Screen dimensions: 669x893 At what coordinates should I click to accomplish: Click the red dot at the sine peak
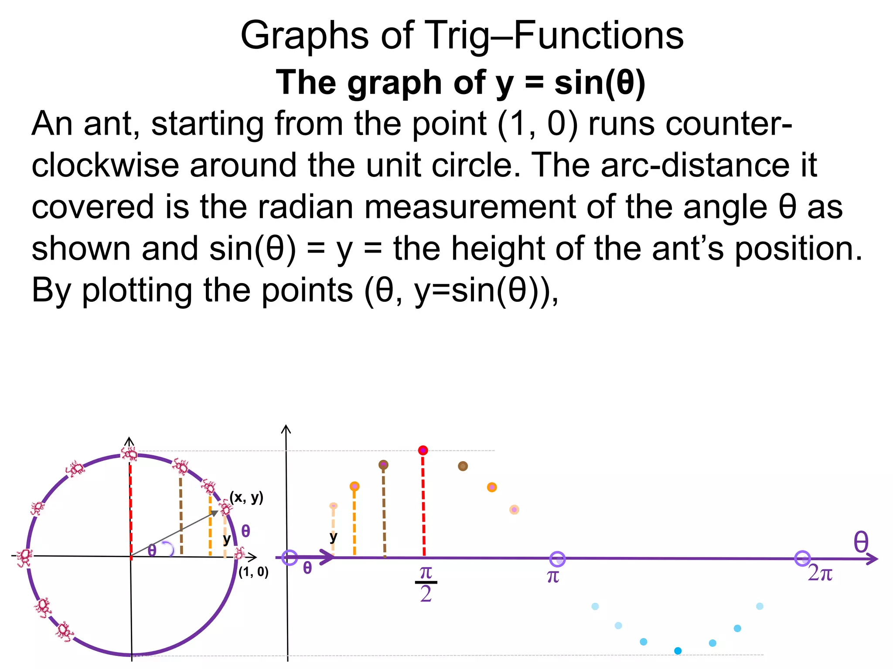coord(423,450)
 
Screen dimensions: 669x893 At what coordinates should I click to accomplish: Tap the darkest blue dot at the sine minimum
coord(678,651)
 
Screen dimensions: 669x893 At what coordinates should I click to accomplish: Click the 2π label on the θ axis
coord(820,573)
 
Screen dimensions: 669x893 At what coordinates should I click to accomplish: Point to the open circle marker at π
coord(557,559)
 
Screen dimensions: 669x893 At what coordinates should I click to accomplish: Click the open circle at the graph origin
coord(290,557)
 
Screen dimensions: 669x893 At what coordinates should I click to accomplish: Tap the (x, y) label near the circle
coord(247,497)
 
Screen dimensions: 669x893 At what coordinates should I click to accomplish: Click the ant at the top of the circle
coord(130,453)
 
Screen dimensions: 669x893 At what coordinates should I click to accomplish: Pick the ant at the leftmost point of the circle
coord(24,557)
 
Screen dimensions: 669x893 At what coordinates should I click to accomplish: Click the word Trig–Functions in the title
coord(554,36)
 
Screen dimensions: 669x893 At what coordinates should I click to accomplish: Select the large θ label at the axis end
coord(861,542)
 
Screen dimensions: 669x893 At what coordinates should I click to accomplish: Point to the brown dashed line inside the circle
coord(181,516)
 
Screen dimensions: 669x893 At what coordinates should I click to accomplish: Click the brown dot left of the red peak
coord(383,465)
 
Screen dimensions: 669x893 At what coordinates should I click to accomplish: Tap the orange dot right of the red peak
coord(492,487)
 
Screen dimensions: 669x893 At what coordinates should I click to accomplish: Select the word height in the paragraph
coord(498,249)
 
